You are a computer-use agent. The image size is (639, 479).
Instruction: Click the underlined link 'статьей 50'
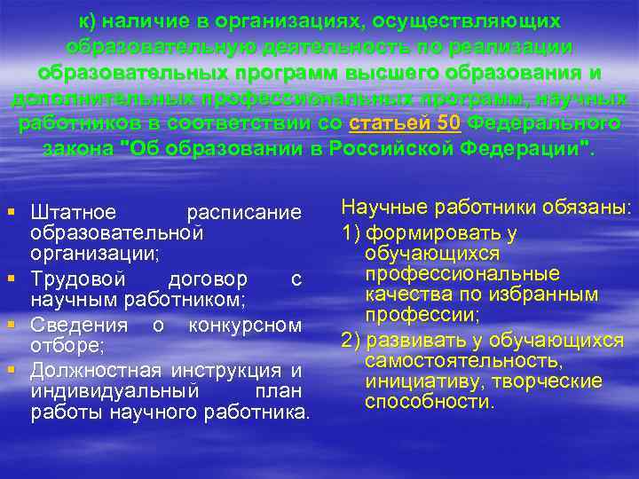(x=405, y=122)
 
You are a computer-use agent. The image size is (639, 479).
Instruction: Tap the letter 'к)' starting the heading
(x=89, y=20)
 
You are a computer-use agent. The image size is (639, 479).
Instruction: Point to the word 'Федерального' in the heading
(x=544, y=122)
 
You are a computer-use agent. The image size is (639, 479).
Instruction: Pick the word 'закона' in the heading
(x=79, y=147)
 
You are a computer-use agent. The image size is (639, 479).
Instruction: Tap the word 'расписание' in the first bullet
(x=244, y=213)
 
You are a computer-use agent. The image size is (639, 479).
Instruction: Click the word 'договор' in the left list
(x=208, y=280)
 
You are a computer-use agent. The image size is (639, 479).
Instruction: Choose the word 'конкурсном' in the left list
(x=246, y=326)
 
